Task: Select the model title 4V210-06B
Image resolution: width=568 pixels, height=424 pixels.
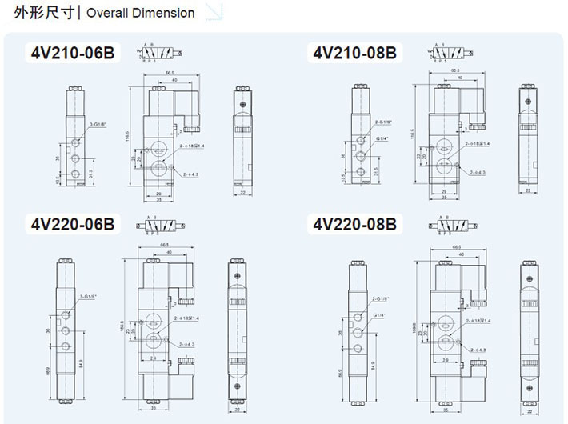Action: tap(73, 54)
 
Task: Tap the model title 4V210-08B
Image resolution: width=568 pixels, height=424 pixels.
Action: tap(355, 54)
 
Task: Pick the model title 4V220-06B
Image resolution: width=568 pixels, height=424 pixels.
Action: tap(73, 224)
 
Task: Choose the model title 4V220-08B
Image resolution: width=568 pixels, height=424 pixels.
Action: tap(355, 224)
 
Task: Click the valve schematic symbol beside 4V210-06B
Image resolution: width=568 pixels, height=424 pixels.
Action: tap(154, 53)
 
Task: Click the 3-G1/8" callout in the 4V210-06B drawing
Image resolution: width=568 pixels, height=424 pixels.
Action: tap(99, 125)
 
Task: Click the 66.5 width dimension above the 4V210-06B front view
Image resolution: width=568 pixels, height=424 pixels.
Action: tap(170, 73)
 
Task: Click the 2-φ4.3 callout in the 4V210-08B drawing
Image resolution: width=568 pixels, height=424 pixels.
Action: tap(477, 172)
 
